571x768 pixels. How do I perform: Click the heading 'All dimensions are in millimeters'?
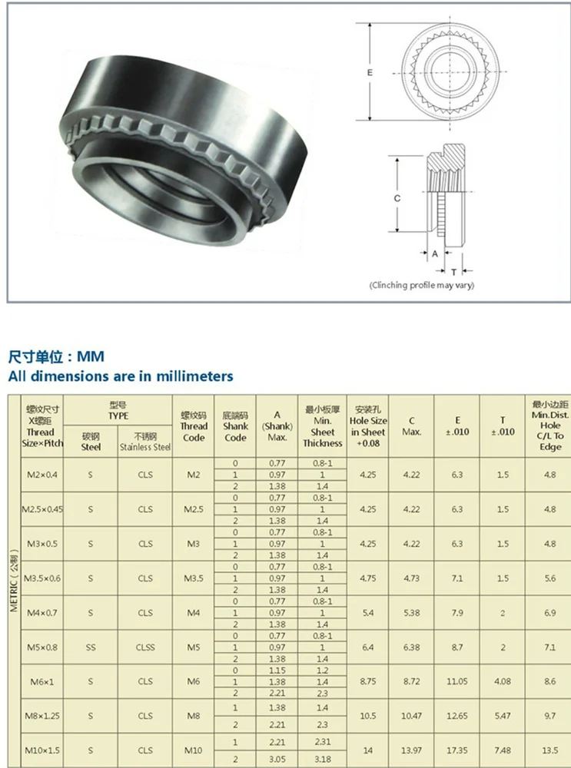click(121, 376)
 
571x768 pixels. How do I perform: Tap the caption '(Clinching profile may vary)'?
click(422, 285)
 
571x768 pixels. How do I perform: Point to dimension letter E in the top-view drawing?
click(370, 72)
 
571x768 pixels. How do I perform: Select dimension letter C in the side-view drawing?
click(397, 198)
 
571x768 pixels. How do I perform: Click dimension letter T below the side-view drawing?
click(454, 272)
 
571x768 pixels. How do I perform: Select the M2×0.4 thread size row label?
click(41, 475)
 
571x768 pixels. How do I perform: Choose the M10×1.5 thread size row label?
click(41, 750)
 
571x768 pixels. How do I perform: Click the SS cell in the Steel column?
click(91, 647)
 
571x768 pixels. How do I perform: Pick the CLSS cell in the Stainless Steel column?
click(145, 647)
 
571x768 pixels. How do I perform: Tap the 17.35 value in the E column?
click(457, 750)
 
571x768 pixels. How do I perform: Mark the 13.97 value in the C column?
click(411, 750)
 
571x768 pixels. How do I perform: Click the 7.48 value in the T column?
click(503, 750)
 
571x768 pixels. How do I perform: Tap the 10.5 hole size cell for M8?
click(367, 716)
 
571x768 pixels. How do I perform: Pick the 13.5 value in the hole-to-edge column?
click(550, 750)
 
